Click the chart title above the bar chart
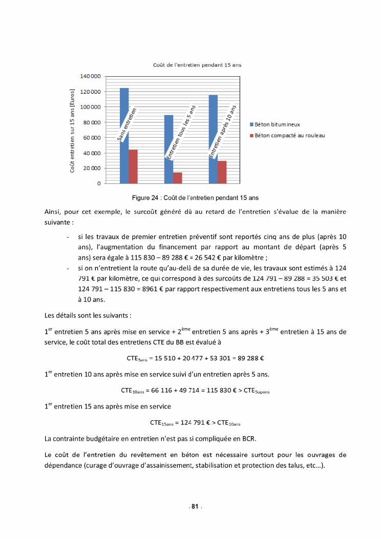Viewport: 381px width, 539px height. (x=197, y=65)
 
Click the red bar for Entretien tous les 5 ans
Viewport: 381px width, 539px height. (x=178, y=178)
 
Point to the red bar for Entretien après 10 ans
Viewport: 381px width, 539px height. (x=222, y=172)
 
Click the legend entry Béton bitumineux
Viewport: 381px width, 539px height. (x=277, y=124)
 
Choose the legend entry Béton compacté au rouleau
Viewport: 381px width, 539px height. (x=289, y=136)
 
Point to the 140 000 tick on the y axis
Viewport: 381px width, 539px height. (x=90, y=76)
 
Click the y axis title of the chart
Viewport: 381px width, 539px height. (x=73, y=130)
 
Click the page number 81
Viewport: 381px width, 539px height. (x=195, y=506)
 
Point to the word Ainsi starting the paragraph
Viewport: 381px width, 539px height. (x=53, y=212)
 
